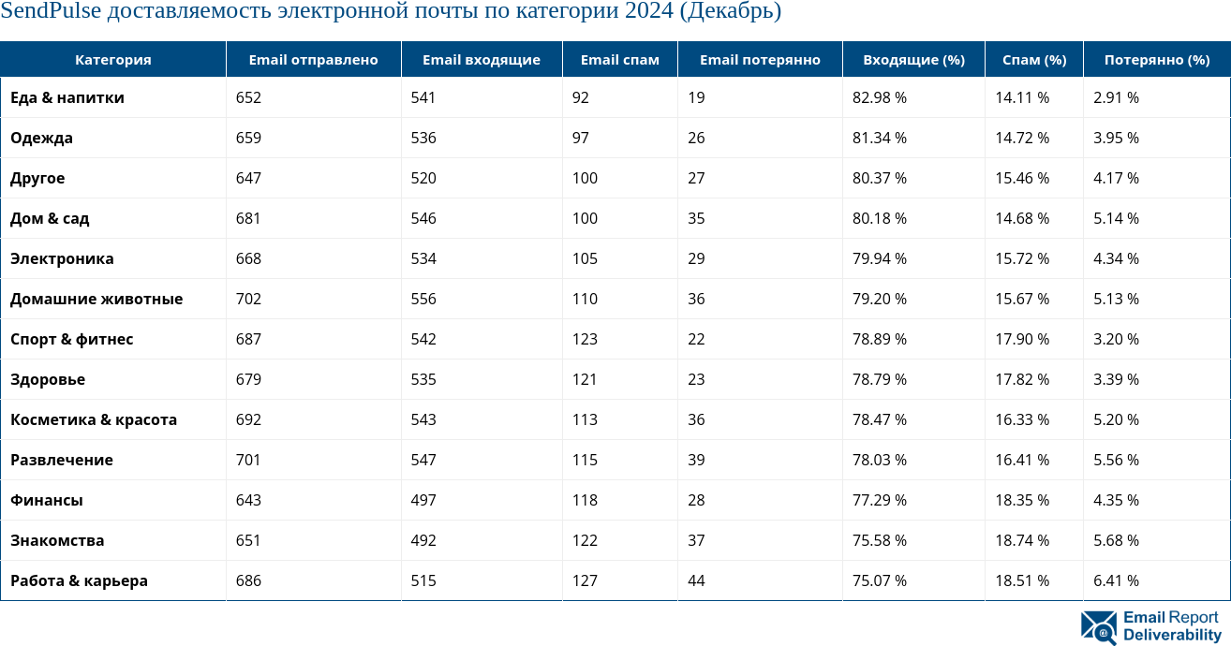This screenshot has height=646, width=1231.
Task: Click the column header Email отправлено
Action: [x=313, y=60]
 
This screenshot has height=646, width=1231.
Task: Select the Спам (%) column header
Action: [x=1034, y=60]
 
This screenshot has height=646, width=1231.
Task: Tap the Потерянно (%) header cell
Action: [x=1156, y=60]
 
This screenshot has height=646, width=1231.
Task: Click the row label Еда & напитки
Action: [x=67, y=97]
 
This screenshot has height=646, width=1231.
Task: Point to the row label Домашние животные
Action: [x=96, y=299]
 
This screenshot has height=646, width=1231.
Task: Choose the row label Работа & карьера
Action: [x=79, y=580]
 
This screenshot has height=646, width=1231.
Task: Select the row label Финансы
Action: [x=47, y=500]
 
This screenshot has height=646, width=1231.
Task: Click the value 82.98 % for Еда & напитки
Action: [x=880, y=97]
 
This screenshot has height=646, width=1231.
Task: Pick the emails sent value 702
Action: [x=248, y=299]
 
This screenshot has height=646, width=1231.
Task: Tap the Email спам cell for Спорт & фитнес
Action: [x=585, y=339]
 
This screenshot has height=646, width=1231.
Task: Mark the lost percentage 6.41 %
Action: [x=1116, y=580]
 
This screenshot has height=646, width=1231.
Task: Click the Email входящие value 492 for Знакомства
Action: [x=423, y=540]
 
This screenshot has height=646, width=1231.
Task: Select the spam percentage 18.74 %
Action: [x=1022, y=540]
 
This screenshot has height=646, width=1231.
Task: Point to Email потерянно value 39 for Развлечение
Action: [x=696, y=460]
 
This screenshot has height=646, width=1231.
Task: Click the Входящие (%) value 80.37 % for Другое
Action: [x=880, y=178]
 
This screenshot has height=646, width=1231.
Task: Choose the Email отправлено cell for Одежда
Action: [x=248, y=138]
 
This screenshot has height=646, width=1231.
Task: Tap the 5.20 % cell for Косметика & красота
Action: [x=1116, y=419]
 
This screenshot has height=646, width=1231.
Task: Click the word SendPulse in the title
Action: [x=51, y=12]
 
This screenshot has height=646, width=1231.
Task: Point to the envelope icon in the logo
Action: [x=1098, y=627]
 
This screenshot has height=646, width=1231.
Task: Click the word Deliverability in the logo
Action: [x=1172, y=635]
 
